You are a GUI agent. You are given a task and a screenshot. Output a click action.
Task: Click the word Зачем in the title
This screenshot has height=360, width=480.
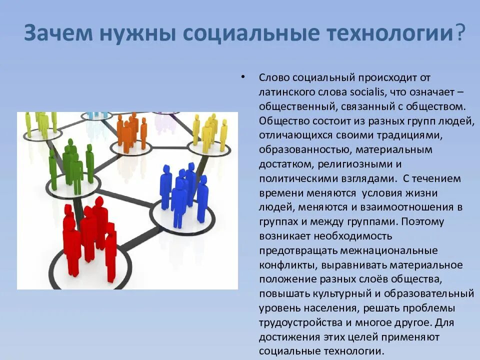(59, 33)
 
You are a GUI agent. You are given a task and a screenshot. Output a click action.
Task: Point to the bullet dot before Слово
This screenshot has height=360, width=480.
(242, 77)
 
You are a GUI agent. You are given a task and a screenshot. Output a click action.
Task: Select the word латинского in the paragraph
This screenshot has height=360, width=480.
(285, 92)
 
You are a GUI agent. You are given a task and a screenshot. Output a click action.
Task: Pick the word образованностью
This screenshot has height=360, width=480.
(296, 150)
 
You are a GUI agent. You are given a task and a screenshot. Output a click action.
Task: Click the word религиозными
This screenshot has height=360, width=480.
(369, 164)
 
